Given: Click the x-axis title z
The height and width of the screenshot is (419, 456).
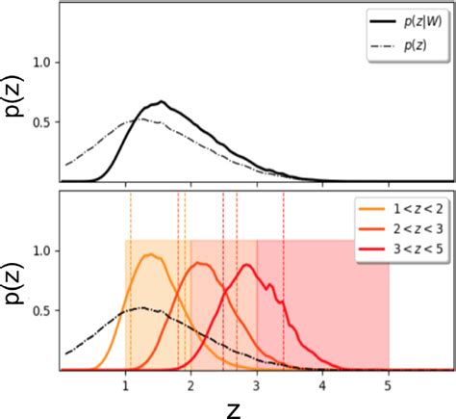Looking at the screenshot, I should pyautogui.click(x=234, y=407).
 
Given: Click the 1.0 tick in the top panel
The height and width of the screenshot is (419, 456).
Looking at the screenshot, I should pyautogui.click(x=41, y=62).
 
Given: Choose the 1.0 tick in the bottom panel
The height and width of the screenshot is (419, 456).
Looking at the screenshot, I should pyautogui.click(x=41, y=250).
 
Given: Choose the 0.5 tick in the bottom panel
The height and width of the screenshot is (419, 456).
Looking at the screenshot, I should pyautogui.click(x=41, y=310).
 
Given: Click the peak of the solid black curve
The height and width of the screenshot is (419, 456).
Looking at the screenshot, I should pyautogui.click(x=162, y=101).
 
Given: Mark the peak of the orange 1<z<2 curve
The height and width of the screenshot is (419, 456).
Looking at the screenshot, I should pyautogui.click(x=150, y=255).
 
